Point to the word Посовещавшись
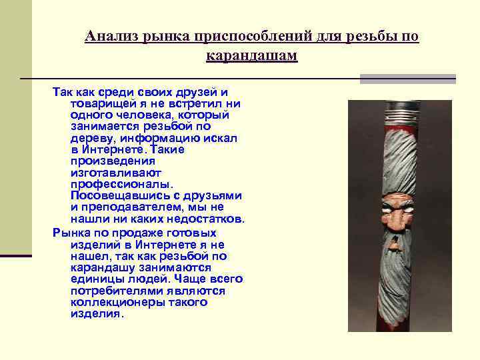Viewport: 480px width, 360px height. (x=116, y=195)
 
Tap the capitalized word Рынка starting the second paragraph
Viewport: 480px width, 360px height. (x=69, y=233)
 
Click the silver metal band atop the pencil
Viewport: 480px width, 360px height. (x=395, y=107)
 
